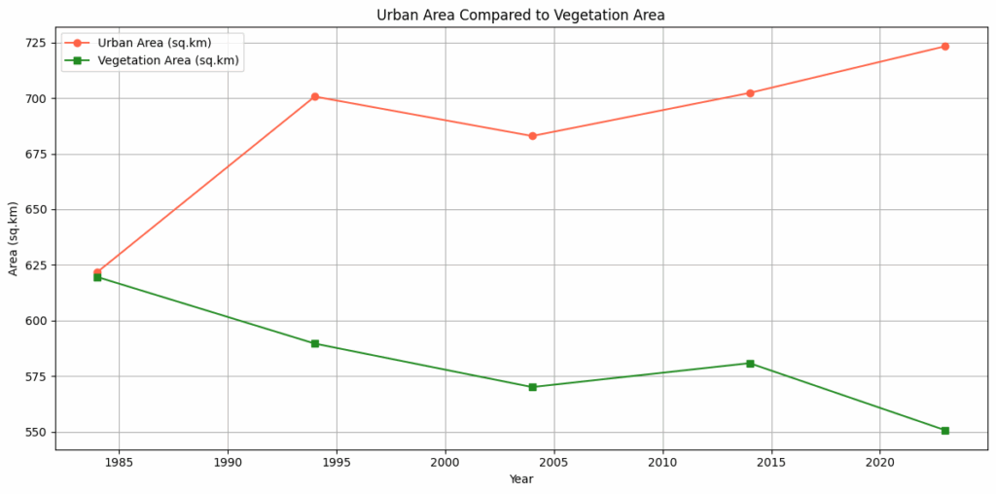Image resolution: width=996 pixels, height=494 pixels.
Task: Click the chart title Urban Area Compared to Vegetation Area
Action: click(x=520, y=15)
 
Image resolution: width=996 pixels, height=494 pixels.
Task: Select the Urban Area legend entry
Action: click(x=154, y=43)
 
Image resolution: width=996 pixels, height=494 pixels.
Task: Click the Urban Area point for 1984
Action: click(x=97, y=272)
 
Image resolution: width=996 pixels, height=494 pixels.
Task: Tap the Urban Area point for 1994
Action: click(x=315, y=96)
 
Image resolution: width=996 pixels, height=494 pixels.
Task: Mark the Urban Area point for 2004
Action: click(x=532, y=136)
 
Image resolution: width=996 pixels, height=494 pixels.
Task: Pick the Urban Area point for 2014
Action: click(x=750, y=93)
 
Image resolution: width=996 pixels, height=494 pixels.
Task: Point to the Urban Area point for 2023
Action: click(x=944, y=47)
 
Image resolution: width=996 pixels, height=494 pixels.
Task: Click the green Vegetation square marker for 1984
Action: click(x=97, y=278)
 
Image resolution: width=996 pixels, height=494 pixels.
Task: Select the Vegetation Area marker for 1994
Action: click(x=315, y=343)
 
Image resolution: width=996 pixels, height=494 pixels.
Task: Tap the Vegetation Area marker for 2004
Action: click(x=532, y=387)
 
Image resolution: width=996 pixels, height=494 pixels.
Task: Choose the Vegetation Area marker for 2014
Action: click(x=750, y=364)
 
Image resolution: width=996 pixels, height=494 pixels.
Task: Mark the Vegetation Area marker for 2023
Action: click(x=944, y=430)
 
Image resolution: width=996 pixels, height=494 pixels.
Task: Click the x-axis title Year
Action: click(x=520, y=479)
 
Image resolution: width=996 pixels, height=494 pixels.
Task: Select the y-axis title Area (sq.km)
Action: click(x=14, y=238)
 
